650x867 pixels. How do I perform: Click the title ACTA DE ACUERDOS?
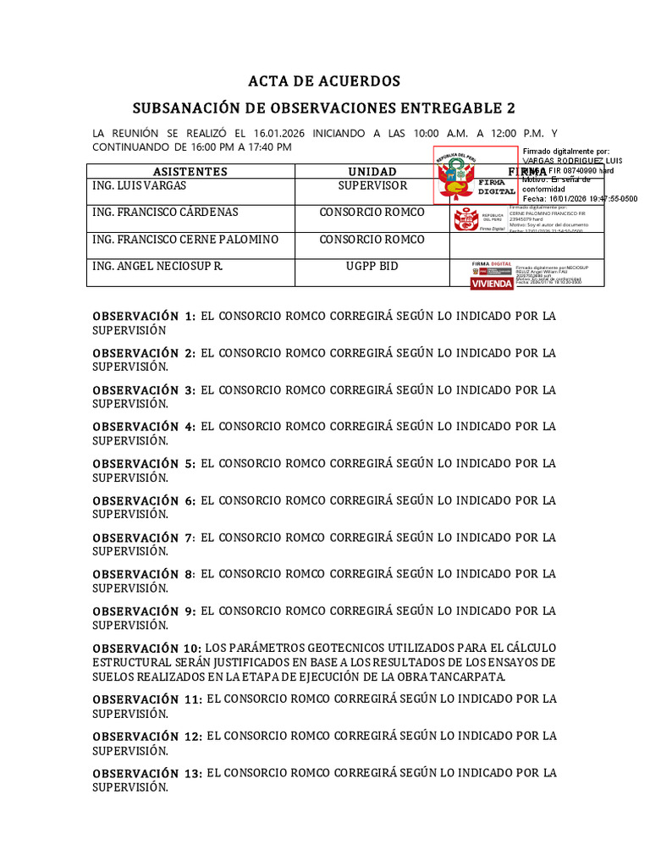coord(324,81)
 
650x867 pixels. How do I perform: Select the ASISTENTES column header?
coord(190,172)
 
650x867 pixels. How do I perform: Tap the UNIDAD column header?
coord(372,172)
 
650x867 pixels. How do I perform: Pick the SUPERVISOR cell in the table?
coord(372,185)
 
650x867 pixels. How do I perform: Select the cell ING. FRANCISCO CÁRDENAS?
coord(165,213)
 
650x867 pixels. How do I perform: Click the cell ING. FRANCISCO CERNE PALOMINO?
coord(185,240)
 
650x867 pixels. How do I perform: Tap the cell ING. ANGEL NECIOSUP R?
coord(157,267)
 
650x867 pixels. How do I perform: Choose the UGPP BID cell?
coord(372,267)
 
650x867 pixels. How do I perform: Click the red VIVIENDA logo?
coord(492,284)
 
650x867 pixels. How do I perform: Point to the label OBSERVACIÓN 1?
coord(144,316)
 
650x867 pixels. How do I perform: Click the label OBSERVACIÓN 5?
coord(144,463)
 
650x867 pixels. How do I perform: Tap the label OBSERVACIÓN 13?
coord(147,772)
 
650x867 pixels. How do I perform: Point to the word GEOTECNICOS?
coord(320,648)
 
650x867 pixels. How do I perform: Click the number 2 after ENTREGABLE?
coord(510,108)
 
